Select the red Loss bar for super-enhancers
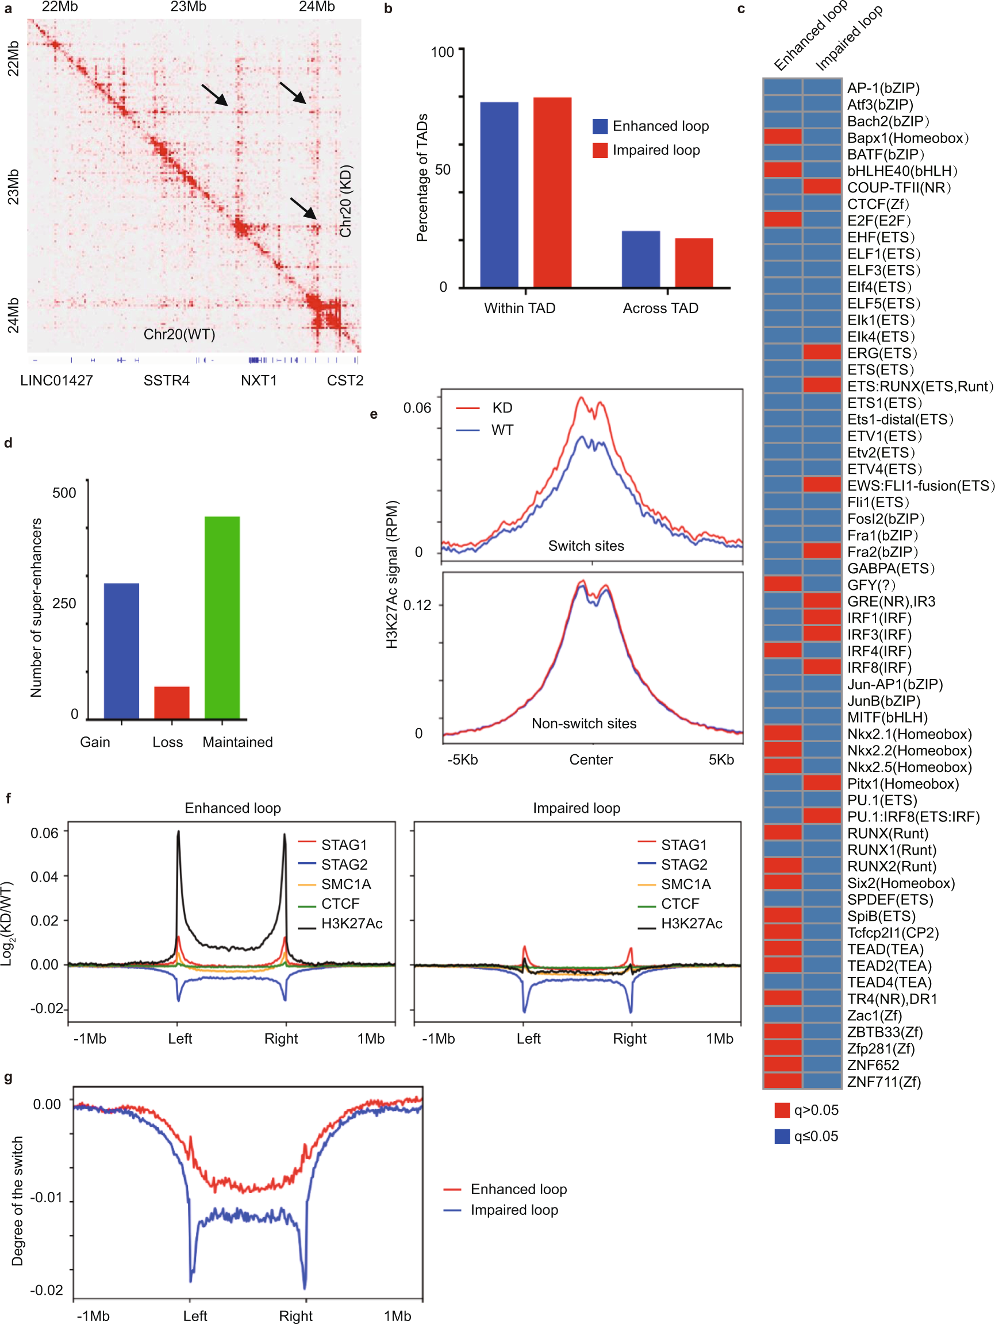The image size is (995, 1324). point(172,702)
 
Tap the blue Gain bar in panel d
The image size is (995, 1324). point(122,651)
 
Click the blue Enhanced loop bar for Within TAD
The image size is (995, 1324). point(499,195)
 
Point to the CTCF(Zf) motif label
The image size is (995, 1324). point(878,204)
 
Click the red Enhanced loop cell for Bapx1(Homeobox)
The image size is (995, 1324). point(782,138)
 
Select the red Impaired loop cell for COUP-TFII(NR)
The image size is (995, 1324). point(822,187)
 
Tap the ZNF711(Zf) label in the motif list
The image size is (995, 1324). point(883,1082)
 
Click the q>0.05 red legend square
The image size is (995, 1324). point(782,1110)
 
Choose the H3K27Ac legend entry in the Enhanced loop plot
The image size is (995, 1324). point(351,924)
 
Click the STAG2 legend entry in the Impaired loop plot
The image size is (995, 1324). point(683,865)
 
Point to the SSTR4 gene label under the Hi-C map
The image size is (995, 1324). point(167,381)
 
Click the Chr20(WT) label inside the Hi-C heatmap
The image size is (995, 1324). point(179,334)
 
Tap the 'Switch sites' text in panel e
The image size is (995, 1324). point(586,546)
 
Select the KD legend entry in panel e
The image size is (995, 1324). point(501,408)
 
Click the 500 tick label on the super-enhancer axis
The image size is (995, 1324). point(64,493)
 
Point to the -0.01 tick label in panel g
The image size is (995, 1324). point(45,1197)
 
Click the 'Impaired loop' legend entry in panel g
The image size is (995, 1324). point(514,1210)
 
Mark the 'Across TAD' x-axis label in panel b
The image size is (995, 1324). point(660,308)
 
